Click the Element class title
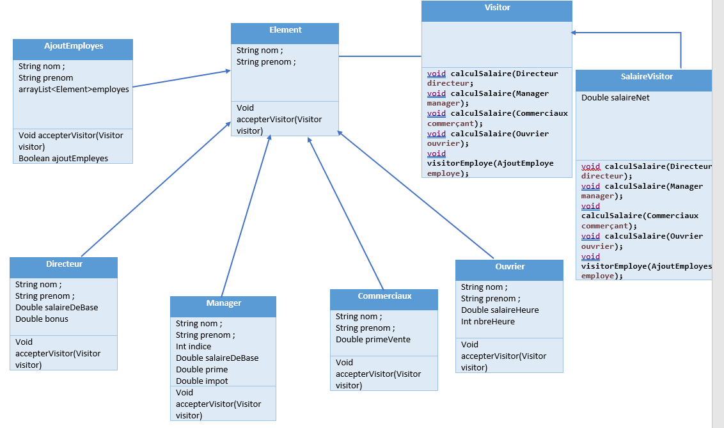point(285,30)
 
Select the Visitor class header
point(497,8)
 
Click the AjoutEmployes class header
point(74,46)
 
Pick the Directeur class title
point(64,264)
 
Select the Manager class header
point(223,303)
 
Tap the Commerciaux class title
point(384,296)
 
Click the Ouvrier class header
point(510,267)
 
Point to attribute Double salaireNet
point(615,98)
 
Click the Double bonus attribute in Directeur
point(42,319)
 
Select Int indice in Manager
point(193,346)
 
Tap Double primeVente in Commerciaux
point(373,339)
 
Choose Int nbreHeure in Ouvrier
point(487,321)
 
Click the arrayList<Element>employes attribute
point(74,89)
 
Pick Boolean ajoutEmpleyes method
point(63,158)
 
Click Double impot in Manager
point(201,381)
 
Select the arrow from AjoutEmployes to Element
point(182,79)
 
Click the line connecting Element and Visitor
point(380,56)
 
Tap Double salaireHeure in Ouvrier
point(500,310)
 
